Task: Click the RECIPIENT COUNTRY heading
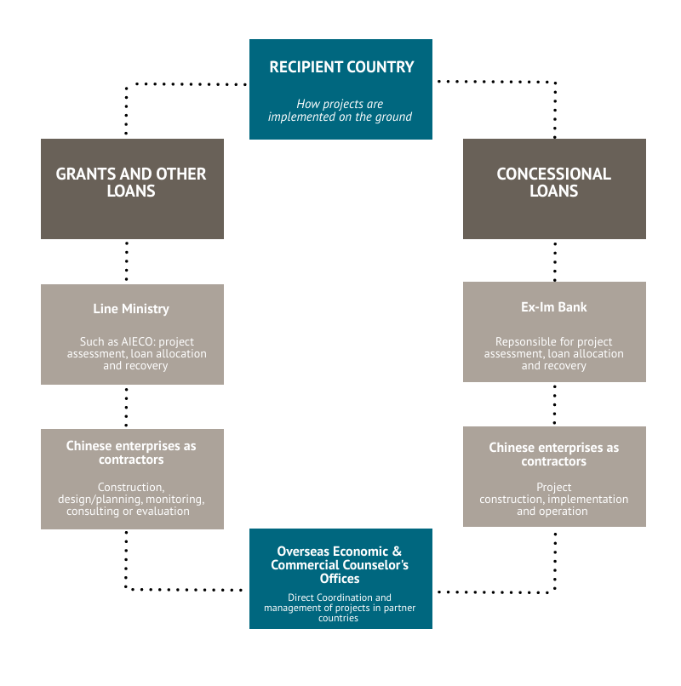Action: coord(341,67)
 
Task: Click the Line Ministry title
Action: coord(131,309)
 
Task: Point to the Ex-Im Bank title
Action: coord(553,306)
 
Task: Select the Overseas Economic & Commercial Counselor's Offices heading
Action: coord(340,565)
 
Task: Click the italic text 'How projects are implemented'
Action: coord(340,110)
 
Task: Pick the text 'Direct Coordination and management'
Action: coord(340,603)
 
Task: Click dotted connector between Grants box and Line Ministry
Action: coord(127,261)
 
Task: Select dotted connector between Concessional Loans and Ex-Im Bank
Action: coord(555,260)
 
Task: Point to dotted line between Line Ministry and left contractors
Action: coord(127,407)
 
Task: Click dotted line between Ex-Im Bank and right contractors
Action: coord(555,405)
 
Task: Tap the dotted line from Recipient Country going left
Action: coord(187,83)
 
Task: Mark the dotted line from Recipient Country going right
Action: coord(494,82)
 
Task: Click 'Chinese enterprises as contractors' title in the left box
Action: coord(131,452)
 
